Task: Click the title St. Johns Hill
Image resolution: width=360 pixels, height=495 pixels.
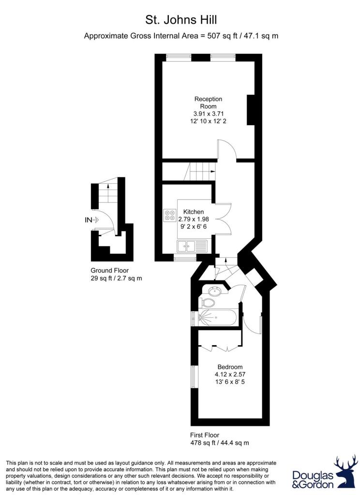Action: (181, 20)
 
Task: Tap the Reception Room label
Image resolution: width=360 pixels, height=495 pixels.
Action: (208, 102)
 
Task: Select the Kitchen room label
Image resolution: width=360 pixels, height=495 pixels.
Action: (194, 212)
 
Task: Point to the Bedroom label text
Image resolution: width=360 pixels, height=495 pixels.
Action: (230, 367)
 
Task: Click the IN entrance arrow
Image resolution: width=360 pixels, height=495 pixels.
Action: (92, 220)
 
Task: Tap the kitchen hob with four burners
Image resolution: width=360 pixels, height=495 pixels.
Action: (170, 215)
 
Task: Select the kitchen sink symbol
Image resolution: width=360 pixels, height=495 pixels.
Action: (192, 246)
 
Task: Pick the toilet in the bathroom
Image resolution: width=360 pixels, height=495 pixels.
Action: (207, 303)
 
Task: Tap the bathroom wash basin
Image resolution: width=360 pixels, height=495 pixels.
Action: (215, 290)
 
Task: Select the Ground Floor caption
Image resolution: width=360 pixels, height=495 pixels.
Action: (110, 270)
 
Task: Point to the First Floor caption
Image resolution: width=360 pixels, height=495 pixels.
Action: (205, 435)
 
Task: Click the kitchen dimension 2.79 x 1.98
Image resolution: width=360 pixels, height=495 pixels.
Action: (194, 219)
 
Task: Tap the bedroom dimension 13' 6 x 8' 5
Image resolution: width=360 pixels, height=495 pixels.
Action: (230, 382)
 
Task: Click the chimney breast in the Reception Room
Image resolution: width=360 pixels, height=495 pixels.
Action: (251, 110)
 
